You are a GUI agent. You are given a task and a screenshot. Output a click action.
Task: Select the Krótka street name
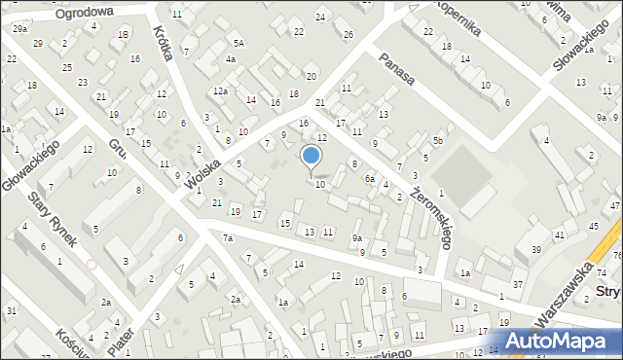tap(163, 42)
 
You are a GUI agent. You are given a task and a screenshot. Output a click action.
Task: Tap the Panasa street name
tap(399, 68)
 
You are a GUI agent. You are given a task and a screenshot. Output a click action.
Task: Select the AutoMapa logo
tap(563, 341)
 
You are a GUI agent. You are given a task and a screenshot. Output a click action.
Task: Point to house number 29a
tap(20, 29)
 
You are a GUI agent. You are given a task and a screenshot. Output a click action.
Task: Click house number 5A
tap(238, 44)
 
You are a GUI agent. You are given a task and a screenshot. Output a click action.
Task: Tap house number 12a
tap(221, 91)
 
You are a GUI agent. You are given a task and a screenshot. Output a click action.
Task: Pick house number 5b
tap(438, 142)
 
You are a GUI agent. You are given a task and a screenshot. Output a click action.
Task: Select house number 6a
tap(370, 179)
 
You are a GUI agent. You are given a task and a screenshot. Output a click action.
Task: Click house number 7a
tap(228, 238)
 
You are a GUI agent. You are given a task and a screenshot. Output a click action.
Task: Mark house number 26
tap(348, 35)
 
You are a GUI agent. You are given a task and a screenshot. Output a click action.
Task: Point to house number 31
tap(11, 310)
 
